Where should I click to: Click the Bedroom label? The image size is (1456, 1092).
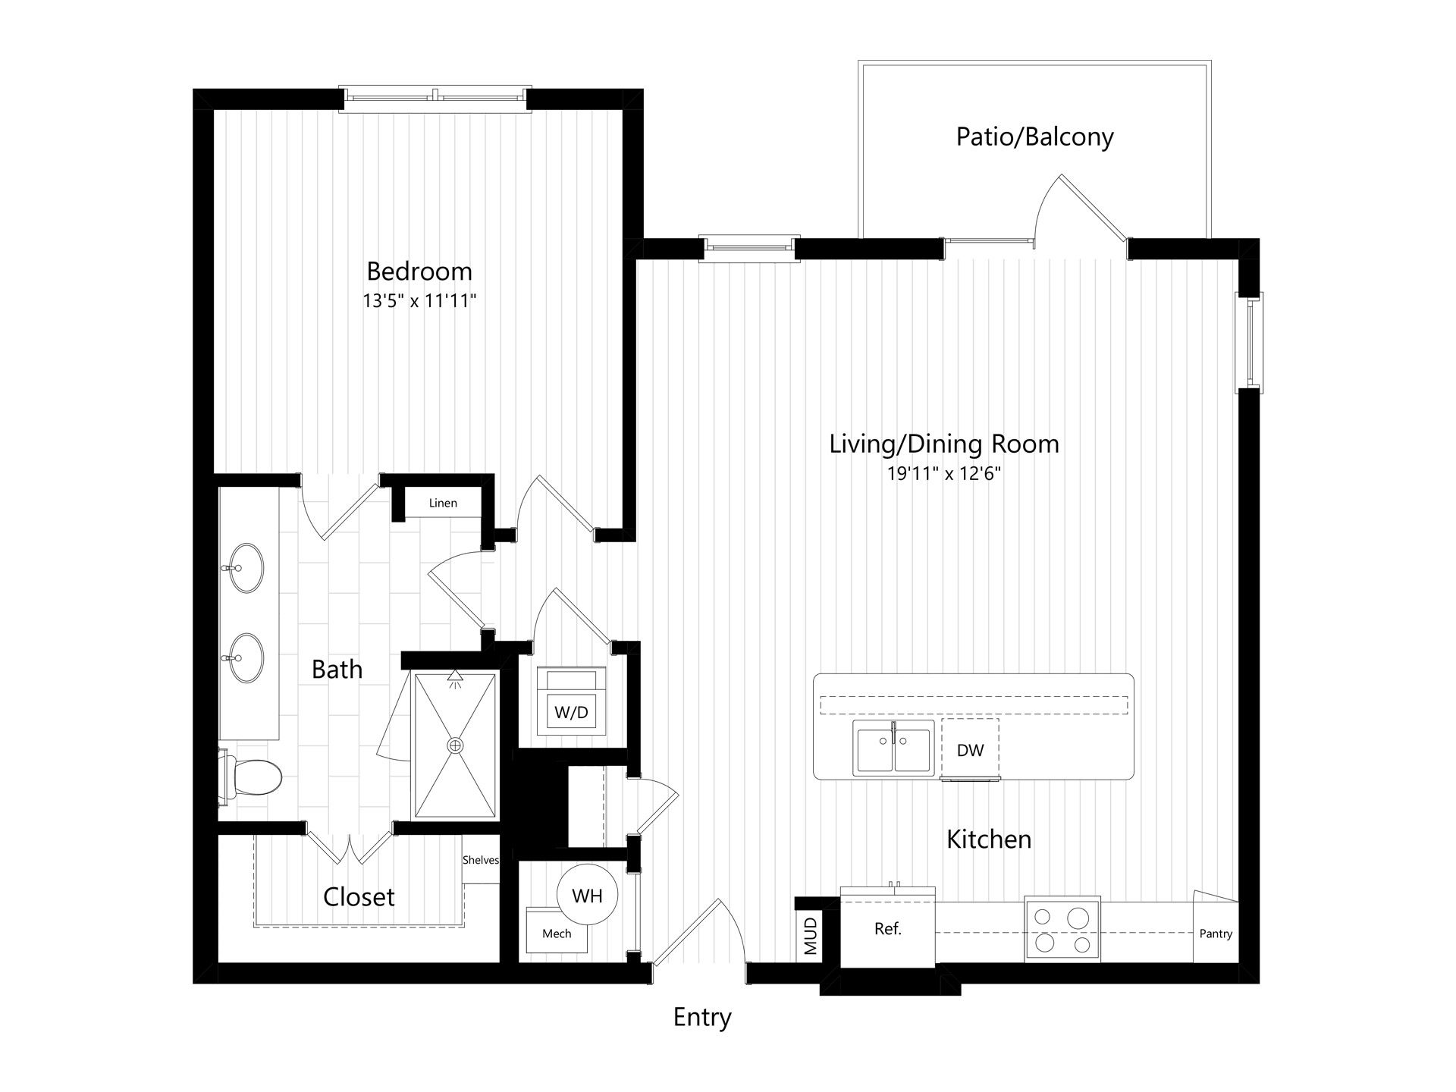[x=419, y=271]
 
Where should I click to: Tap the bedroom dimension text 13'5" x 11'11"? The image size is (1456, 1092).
[x=419, y=301]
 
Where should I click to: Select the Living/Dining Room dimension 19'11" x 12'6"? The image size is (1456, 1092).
[x=944, y=474]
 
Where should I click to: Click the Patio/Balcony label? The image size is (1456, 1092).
[x=1034, y=136]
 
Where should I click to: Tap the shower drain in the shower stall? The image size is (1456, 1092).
[x=455, y=745]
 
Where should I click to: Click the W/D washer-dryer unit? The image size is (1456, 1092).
[x=571, y=701]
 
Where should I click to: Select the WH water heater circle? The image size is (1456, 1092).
[x=587, y=895]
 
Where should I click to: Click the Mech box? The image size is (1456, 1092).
[x=557, y=930]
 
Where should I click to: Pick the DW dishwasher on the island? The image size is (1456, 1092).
[x=970, y=749]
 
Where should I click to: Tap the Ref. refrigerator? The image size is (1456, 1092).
[x=887, y=929]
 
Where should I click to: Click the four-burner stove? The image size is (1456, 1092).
[x=1062, y=930]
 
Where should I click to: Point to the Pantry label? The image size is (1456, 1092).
[x=1216, y=934]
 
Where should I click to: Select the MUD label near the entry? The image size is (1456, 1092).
[x=811, y=936]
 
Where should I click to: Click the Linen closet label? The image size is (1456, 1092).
[x=443, y=503]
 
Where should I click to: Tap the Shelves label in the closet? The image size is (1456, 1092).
[x=481, y=859]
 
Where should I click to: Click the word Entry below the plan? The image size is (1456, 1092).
[x=702, y=1017]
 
